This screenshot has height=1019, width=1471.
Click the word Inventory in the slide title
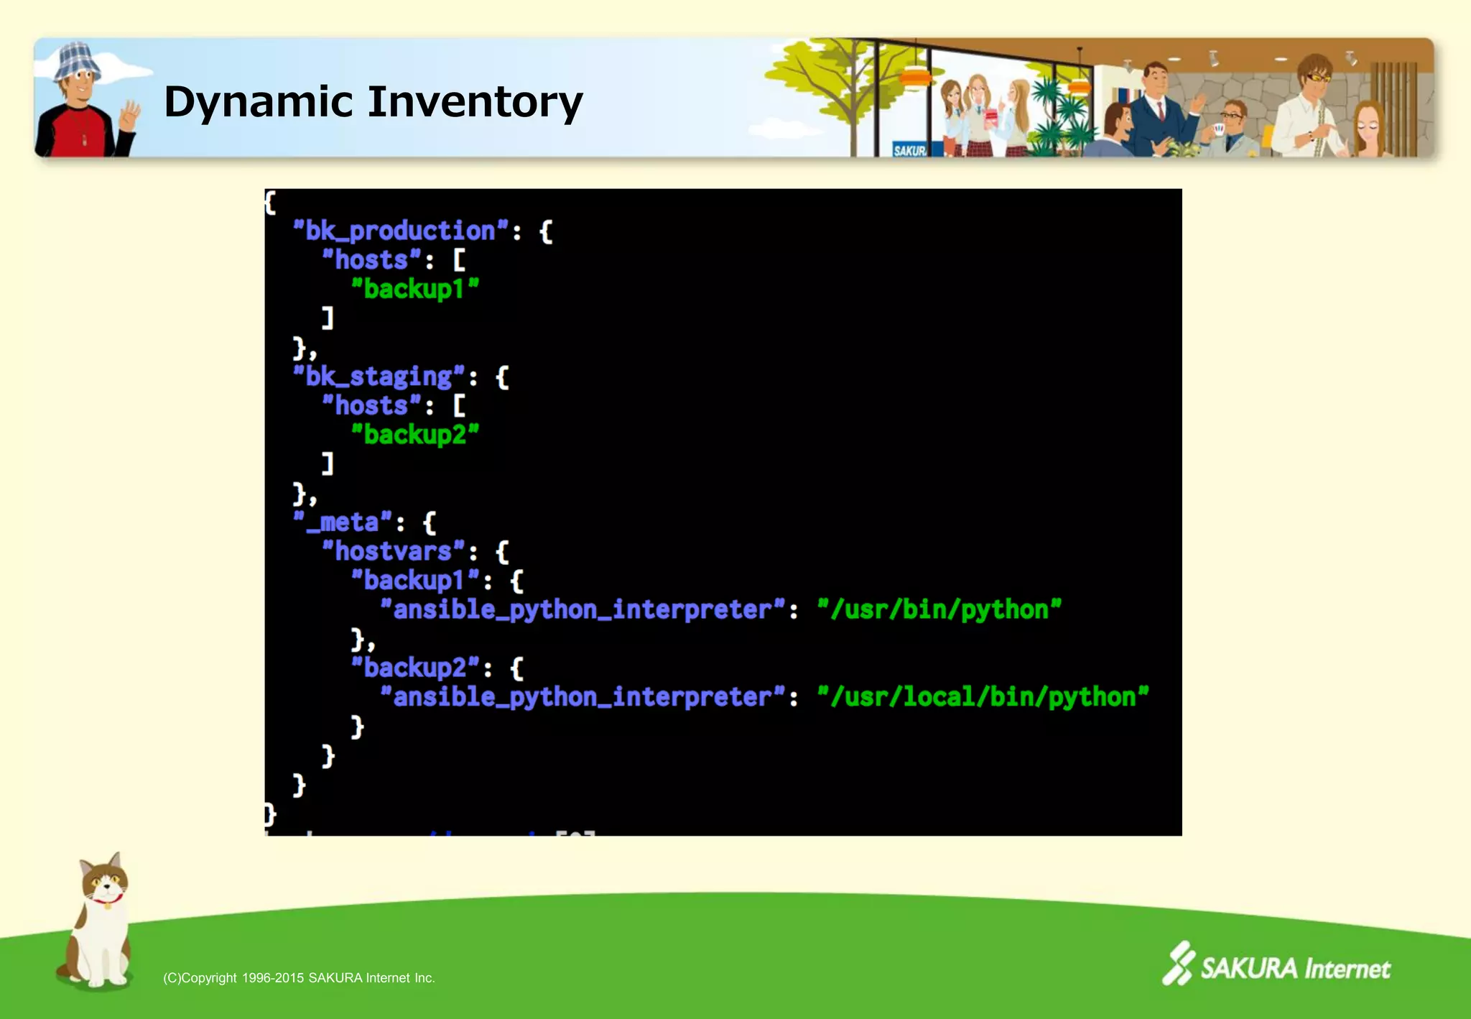point(475,102)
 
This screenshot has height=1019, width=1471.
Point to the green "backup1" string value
point(414,289)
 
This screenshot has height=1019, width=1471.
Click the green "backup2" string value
point(414,435)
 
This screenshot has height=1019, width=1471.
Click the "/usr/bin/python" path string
point(939,610)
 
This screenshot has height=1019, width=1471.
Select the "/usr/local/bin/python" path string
point(983,697)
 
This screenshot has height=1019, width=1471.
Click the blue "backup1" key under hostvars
point(414,581)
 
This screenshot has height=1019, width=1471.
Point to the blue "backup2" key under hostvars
point(414,668)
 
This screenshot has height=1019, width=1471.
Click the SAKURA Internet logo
point(1277,965)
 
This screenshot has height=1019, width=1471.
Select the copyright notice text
point(299,978)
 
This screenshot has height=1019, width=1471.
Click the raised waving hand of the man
point(129,115)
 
